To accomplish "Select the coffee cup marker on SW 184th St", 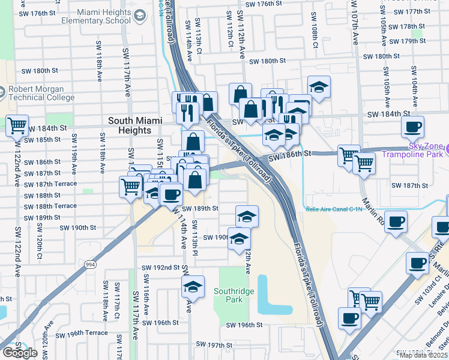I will point(412,126).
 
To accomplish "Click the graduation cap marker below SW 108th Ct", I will point(319,86).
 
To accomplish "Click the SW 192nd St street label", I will point(160,268).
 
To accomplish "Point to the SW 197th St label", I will point(214,345).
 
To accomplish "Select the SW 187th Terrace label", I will point(50,184).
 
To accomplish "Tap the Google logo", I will point(20,352).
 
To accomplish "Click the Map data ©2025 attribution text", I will point(423,355).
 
